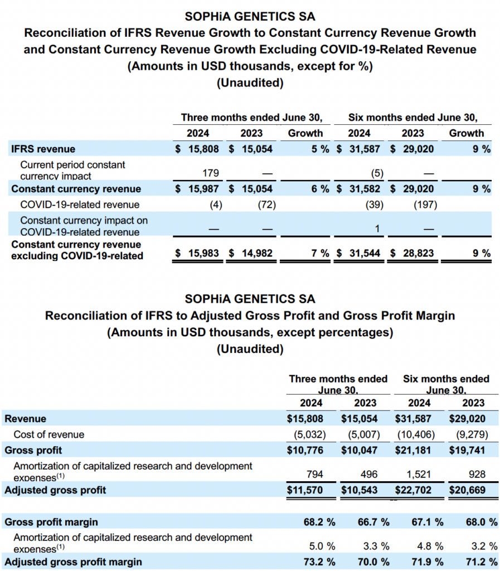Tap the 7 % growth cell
pyautogui.click(x=320, y=253)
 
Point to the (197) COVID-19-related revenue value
pyautogui.click(x=425, y=205)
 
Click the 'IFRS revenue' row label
pyautogui.click(x=43, y=149)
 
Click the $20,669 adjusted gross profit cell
pyautogui.click(x=467, y=490)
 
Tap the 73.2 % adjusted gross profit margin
pyautogui.click(x=316, y=562)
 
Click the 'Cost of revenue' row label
pyautogui.click(x=48, y=434)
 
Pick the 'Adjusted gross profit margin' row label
pyautogui.click(x=73, y=562)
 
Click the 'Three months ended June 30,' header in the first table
pyautogui.click(x=252, y=118)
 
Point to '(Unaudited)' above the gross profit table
pyautogui.click(x=250, y=349)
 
